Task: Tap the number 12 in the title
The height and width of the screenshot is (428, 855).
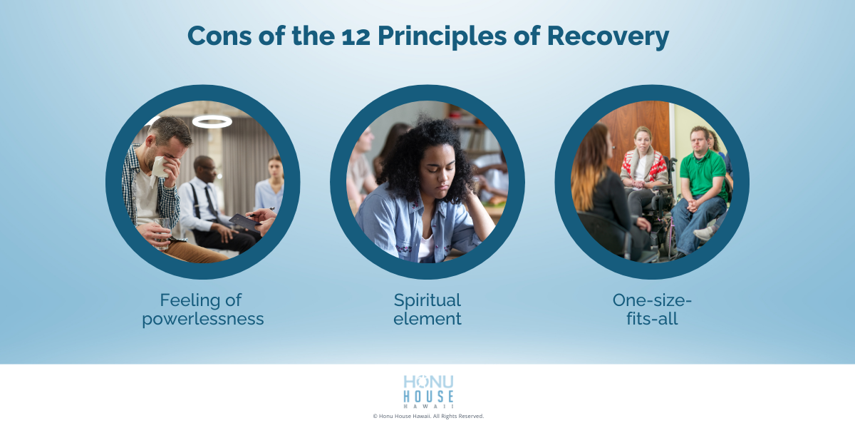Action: click(x=374, y=36)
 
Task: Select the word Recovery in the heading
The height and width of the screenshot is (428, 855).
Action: click(x=608, y=36)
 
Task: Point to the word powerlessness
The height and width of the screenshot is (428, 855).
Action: click(x=203, y=319)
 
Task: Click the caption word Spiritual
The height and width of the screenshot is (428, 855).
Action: click(x=427, y=300)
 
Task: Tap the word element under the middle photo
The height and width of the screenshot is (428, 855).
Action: click(x=427, y=319)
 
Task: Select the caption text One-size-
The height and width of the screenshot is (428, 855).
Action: click(x=652, y=300)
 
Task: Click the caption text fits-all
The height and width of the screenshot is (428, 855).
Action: click(x=652, y=319)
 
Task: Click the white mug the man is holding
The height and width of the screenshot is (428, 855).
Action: click(x=158, y=165)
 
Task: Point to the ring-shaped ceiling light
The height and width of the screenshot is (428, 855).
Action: click(x=212, y=122)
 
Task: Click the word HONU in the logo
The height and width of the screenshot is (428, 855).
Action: click(x=427, y=382)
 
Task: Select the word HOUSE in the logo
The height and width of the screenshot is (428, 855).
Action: click(x=427, y=397)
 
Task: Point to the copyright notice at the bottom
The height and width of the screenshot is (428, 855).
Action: click(x=427, y=416)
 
